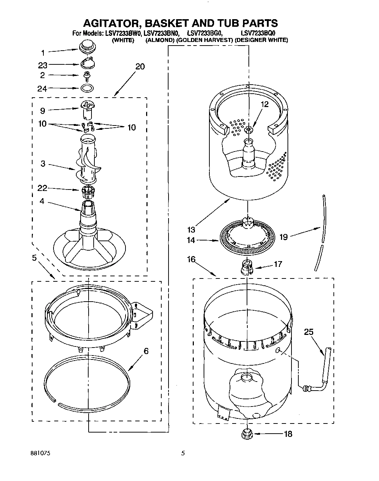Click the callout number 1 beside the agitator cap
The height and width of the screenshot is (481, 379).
(43, 53)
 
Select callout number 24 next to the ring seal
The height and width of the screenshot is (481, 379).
(43, 89)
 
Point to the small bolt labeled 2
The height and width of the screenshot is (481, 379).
(87, 75)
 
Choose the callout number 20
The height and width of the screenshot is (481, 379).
(140, 67)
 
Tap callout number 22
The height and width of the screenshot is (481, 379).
(43, 188)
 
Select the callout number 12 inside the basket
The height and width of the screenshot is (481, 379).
(265, 105)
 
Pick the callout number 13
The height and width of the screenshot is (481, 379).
(191, 230)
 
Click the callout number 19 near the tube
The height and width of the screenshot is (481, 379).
(284, 237)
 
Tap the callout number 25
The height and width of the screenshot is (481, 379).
(308, 332)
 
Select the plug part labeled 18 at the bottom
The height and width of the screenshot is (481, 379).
(247, 433)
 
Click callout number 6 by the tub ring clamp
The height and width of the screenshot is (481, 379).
(146, 351)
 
